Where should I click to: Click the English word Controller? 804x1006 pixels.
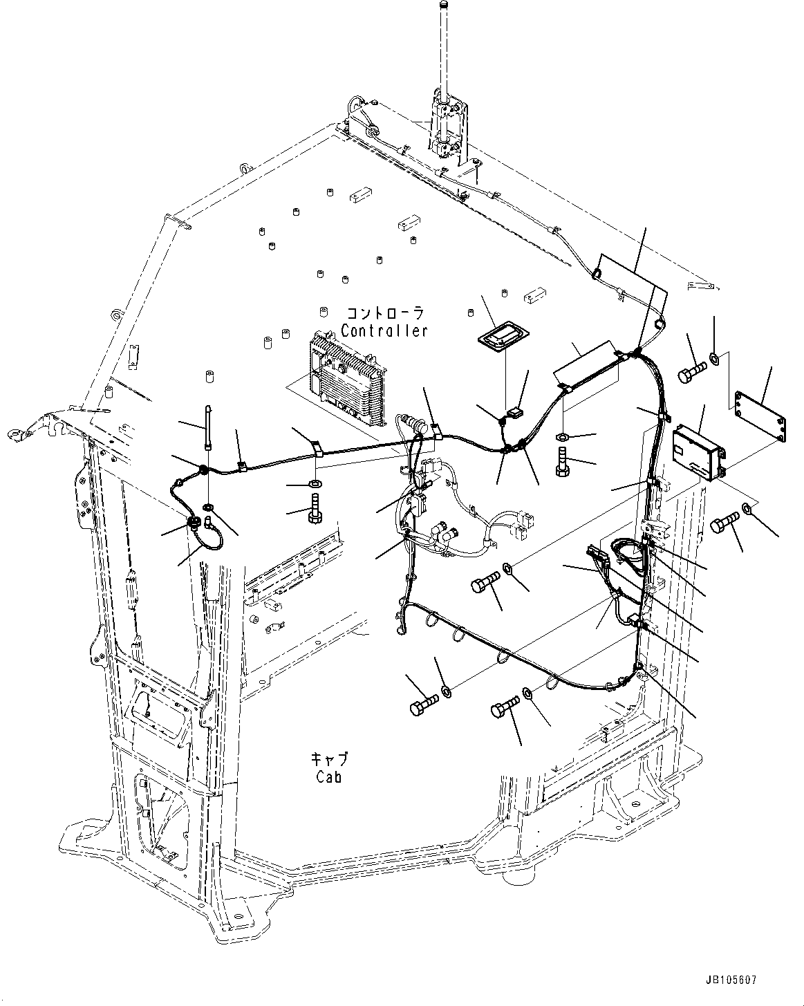[x=384, y=330]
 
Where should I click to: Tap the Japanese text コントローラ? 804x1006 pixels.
[x=384, y=312]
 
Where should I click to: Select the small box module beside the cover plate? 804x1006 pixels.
[x=700, y=449]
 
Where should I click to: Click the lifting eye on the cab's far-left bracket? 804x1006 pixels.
[x=15, y=434]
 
